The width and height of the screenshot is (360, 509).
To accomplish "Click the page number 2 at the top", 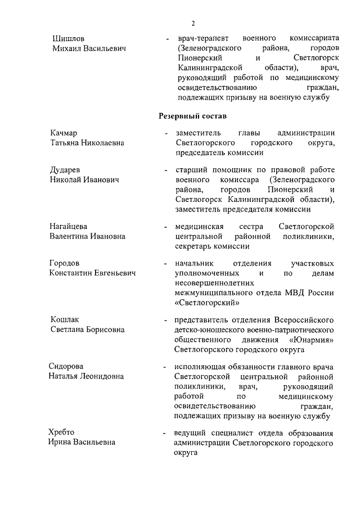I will click(x=192, y=24).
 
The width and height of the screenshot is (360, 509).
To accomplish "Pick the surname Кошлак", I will click(x=66, y=319).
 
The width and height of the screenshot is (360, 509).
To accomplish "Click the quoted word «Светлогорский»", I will click(x=208, y=303).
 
